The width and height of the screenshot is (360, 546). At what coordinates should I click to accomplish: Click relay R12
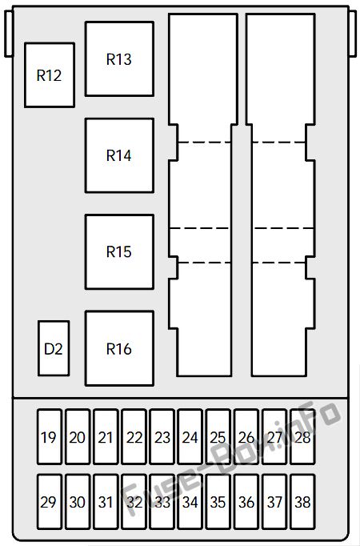[50, 75]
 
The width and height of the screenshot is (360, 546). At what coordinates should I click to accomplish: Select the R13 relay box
[119, 59]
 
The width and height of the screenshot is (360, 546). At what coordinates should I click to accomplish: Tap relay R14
[119, 155]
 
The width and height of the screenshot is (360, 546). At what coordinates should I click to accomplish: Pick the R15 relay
[119, 251]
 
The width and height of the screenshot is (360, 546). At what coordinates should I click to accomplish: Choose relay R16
[119, 348]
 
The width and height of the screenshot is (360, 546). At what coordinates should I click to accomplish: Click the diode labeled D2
[54, 348]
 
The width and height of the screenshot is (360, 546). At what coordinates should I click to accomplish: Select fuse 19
[50, 436]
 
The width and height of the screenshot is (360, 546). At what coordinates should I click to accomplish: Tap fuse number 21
[106, 436]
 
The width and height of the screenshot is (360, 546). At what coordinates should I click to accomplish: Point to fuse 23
[162, 436]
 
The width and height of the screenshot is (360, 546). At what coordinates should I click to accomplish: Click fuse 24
[190, 436]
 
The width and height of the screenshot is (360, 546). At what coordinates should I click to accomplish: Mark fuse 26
[246, 436]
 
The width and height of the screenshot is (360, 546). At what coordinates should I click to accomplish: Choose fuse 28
[302, 436]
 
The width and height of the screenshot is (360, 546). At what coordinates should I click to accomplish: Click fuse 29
[50, 502]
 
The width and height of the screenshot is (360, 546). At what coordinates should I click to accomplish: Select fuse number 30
[78, 502]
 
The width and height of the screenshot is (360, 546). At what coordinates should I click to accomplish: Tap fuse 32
[134, 502]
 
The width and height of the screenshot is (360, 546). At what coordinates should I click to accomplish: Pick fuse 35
[218, 502]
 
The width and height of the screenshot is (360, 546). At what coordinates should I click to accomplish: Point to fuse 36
[246, 502]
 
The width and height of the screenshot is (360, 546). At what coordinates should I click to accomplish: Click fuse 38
[302, 502]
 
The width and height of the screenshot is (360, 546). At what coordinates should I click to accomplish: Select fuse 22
[134, 436]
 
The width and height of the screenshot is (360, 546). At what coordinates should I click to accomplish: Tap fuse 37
[274, 502]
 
